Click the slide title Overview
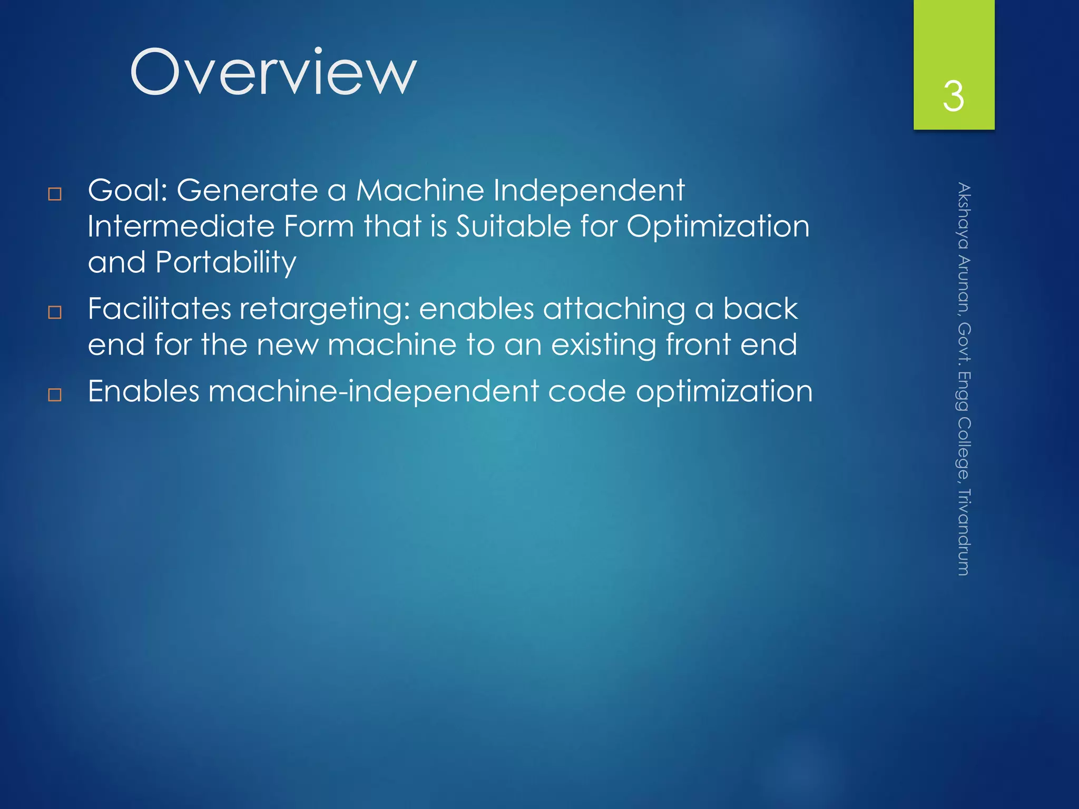click(x=273, y=72)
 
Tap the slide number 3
click(x=954, y=96)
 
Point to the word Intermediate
click(x=181, y=226)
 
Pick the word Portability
click(x=226, y=263)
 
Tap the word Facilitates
click(x=159, y=309)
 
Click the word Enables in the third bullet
click(x=143, y=391)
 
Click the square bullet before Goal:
click(x=55, y=194)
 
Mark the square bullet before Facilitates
click(x=55, y=312)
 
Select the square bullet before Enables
click(x=55, y=395)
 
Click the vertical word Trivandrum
click(x=964, y=532)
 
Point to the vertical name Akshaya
click(x=964, y=215)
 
